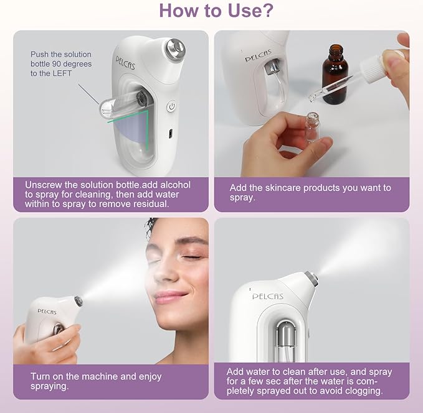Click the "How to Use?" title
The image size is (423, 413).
(x=211, y=11)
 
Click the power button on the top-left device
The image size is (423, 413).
(x=171, y=106)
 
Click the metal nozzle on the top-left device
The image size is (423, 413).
(x=174, y=47)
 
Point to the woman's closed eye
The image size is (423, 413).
(x=191, y=256)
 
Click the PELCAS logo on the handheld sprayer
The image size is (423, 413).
(x=47, y=311)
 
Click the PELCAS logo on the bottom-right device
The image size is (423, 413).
(x=267, y=297)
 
